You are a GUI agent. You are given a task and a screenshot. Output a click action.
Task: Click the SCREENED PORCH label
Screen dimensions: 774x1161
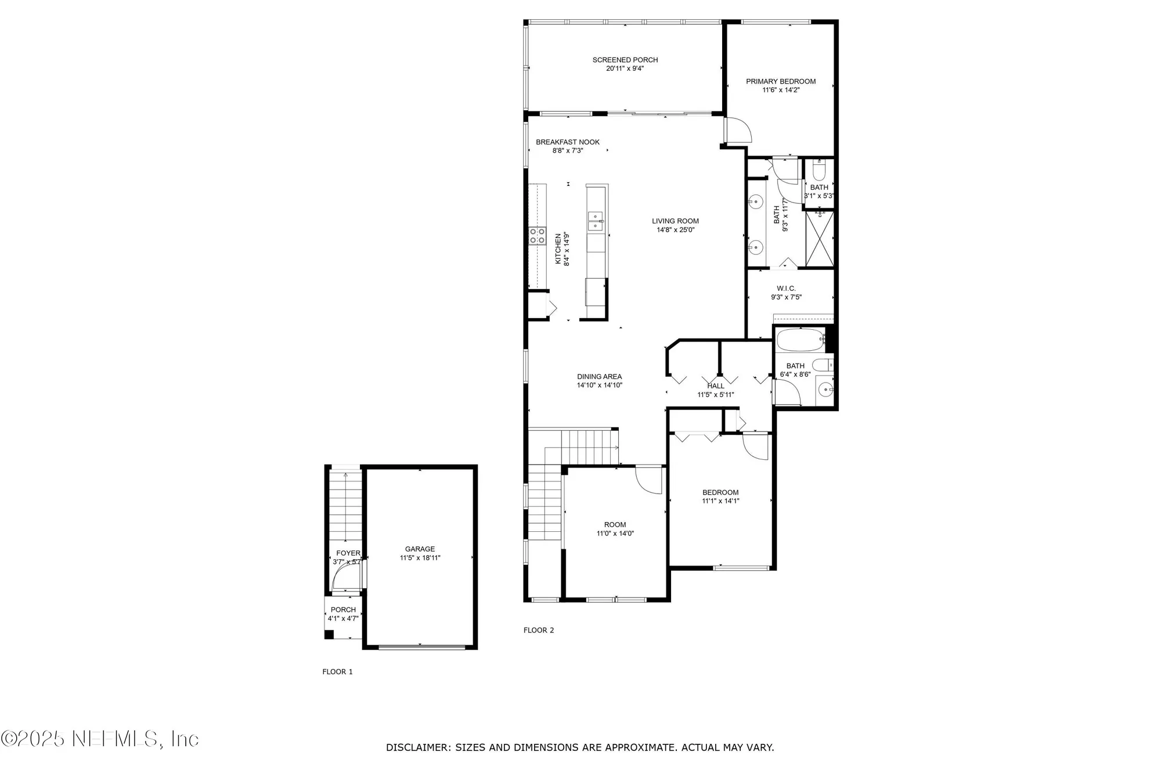[x=625, y=60]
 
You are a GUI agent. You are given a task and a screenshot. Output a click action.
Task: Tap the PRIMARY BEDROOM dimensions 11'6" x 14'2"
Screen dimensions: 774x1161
[x=781, y=90]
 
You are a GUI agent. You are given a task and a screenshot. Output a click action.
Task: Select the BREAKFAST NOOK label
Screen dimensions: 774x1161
[x=567, y=142]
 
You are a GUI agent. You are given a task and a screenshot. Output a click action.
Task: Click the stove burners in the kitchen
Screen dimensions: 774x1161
[x=537, y=235]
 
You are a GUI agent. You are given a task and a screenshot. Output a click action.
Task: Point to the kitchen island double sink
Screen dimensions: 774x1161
[x=595, y=221]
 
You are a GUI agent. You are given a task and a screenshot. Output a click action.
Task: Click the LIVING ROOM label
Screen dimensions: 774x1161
[x=675, y=221]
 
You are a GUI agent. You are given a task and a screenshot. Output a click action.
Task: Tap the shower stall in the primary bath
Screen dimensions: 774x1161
[x=820, y=239]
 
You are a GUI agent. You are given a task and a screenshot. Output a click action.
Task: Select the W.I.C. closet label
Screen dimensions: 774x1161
[x=786, y=289]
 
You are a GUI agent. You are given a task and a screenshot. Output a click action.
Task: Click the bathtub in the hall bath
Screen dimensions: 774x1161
[x=801, y=340]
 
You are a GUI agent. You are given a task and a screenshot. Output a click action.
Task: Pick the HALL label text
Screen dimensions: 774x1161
[x=715, y=386]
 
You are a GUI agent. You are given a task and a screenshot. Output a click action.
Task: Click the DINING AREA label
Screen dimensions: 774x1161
[x=599, y=376]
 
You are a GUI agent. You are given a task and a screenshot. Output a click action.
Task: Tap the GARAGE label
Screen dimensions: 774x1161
[x=420, y=549]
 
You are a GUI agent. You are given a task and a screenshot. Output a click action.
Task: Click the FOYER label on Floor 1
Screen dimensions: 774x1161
[x=348, y=553]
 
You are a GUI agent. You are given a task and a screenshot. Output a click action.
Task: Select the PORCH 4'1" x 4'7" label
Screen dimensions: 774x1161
[x=343, y=614]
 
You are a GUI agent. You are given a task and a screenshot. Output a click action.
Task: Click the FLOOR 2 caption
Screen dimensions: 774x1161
[x=539, y=630]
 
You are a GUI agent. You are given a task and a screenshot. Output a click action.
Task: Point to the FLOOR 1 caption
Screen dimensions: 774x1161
[x=337, y=672]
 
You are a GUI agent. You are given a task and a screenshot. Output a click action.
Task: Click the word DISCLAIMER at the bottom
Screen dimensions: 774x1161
[x=417, y=747]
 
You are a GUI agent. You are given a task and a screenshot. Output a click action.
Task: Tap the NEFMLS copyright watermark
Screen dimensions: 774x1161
[x=100, y=739]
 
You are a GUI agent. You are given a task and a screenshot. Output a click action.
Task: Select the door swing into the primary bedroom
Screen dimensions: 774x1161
[x=738, y=131]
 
